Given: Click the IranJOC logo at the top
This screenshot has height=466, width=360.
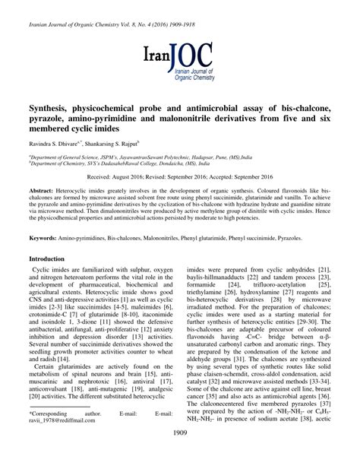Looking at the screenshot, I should (180, 59).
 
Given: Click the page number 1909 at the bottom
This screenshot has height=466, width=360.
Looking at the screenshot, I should (180, 454).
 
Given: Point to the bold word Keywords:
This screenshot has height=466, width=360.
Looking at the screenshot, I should (48, 237).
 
